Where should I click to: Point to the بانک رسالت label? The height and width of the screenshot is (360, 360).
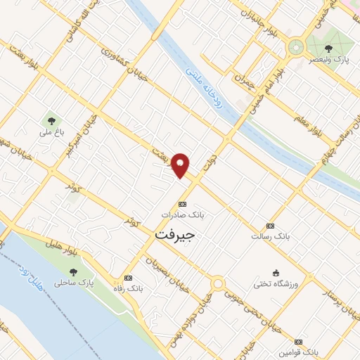270,236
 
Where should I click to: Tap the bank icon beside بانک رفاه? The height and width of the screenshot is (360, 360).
128,278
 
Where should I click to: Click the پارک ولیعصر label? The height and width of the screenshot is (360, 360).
330,60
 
